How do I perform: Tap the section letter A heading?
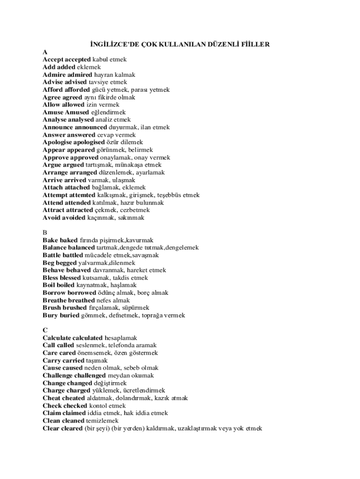(x=45, y=52)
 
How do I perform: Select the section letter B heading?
(x=45, y=232)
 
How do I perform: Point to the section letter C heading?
(x=45, y=330)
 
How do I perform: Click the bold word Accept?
(x=53, y=60)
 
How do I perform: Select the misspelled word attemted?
(x=82, y=195)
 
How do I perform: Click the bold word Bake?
(x=50, y=240)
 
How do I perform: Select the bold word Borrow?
(x=53, y=293)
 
